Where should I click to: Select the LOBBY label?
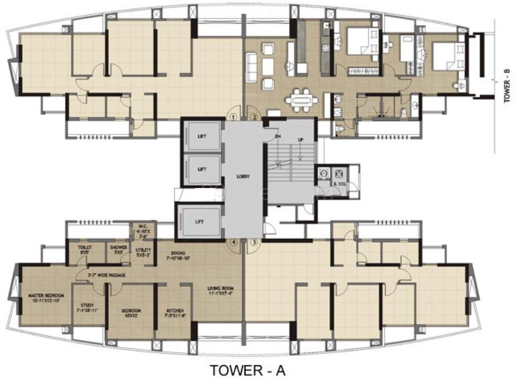pyautogui.click(x=243, y=177)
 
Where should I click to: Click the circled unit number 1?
pyautogui.click(x=233, y=117)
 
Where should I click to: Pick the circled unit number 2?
pyautogui.click(x=254, y=117)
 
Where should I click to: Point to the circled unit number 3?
pyautogui.click(x=254, y=243)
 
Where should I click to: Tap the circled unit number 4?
pyautogui.click(x=233, y=243)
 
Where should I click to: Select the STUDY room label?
pyautogui.click(x=88, y=308)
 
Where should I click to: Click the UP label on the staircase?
pyautogui.click(x=300, y=140)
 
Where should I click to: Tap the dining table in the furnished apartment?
pyautogui.click(x=302, y=99)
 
